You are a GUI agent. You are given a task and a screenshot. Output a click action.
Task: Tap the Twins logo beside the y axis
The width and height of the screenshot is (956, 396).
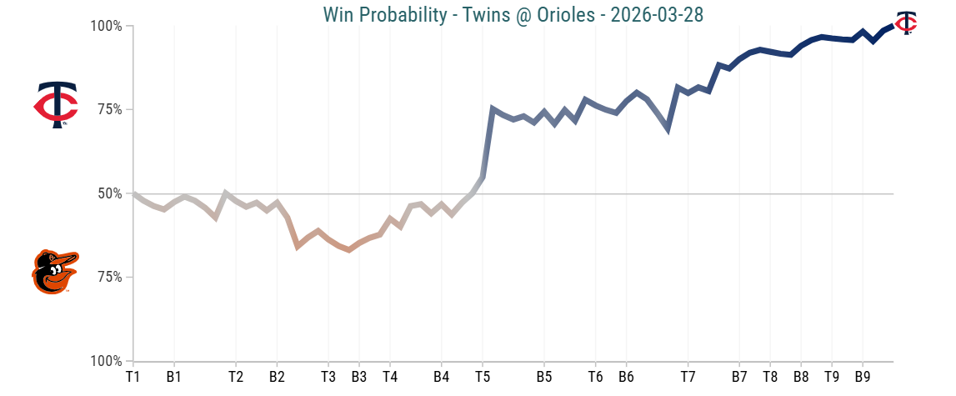[56, 105]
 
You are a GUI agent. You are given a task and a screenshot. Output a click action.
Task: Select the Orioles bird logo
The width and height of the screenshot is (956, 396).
[55, 272]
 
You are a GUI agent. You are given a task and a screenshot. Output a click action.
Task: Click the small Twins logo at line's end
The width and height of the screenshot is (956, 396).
[906, 23]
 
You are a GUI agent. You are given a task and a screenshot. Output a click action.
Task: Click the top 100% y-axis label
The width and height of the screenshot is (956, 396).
[107, 27]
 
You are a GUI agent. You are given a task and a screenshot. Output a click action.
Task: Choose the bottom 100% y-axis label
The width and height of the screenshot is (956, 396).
[107, 361]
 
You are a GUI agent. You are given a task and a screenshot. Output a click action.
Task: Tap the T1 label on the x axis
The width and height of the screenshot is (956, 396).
[133, 377]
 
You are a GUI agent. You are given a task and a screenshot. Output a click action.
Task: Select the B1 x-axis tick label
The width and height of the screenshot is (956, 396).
[173, 377]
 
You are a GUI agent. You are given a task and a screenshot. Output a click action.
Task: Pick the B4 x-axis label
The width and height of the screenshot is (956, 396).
[442, 377]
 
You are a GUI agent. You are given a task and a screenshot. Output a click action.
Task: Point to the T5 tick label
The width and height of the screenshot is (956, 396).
[483, 377]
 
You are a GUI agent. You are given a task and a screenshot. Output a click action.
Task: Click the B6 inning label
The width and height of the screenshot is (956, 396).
[626, 377]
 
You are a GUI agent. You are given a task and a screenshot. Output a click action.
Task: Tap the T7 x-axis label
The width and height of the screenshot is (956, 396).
[688, 377]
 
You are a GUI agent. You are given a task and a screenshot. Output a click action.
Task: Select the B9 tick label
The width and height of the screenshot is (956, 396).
[863, 377]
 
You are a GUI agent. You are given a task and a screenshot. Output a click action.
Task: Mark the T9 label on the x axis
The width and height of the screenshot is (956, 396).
[832, 377]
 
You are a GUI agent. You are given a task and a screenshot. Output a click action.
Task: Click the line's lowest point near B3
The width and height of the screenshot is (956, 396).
[348, 249]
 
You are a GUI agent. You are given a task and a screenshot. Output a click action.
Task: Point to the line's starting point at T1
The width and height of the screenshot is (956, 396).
[133, 193]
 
